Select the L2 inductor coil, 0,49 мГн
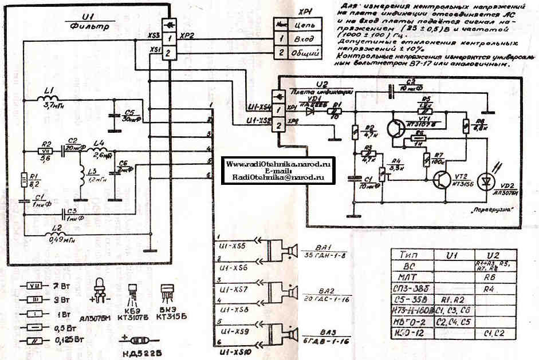pyautogui.click(x=54, y=233)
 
